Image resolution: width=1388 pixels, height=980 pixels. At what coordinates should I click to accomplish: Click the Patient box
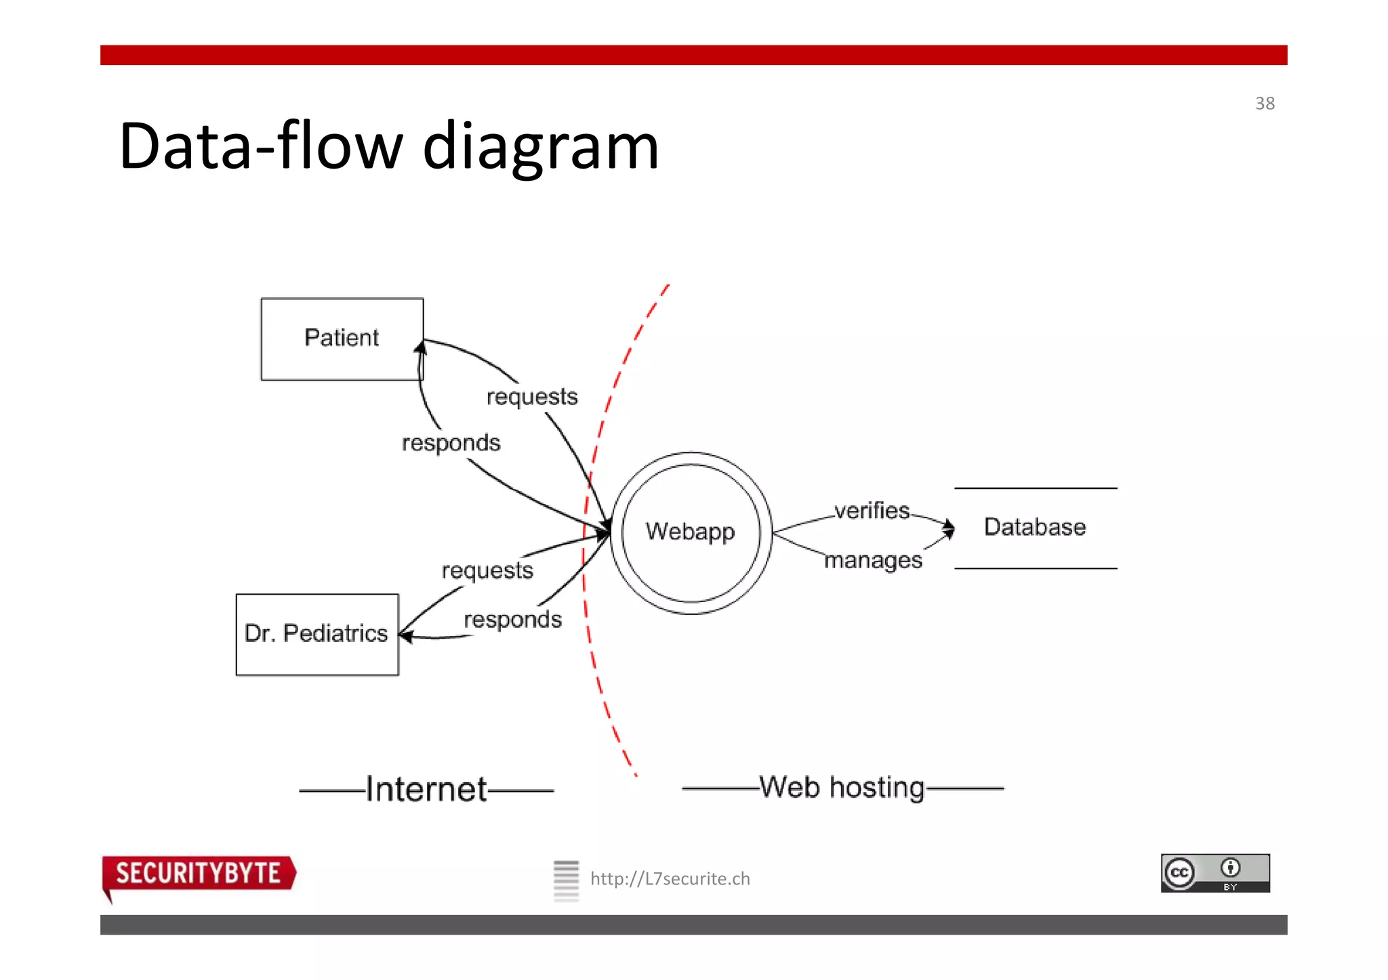[342, 339]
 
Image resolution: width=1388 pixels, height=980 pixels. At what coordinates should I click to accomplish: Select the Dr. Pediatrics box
[317, 635]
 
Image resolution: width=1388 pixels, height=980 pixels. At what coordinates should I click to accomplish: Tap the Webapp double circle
[691, 532]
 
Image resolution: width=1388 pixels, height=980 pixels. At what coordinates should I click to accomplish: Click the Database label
[1034, 527]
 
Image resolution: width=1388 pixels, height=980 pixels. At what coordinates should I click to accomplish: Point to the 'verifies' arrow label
[872, 511]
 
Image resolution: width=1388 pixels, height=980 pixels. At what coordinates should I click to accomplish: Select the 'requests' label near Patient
[532, 397]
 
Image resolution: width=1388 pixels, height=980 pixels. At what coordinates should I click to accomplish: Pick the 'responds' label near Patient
[451, 444]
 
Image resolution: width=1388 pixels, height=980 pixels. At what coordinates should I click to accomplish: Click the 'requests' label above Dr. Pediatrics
[487, 571]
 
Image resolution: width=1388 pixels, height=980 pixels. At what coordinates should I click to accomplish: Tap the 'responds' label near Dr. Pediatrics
[512, 620]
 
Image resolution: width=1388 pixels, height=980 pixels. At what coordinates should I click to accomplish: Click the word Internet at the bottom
[426, 790]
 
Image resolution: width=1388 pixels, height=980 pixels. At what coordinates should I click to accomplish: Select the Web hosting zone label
[842, 788]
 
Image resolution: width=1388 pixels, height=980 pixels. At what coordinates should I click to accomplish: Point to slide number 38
[1265, 104]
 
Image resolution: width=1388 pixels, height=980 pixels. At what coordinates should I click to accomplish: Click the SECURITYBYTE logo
[198, 874]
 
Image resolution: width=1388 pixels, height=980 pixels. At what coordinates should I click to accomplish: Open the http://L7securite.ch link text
[670, 879]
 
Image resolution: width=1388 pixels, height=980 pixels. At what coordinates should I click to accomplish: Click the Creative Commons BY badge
[1215, 873]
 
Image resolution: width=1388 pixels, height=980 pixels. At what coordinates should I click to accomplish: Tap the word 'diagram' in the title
[540, 146]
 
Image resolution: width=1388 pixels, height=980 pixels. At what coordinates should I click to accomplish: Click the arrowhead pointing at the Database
[949, 528]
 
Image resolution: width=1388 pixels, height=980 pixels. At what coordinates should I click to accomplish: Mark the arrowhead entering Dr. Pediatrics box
[405, 635]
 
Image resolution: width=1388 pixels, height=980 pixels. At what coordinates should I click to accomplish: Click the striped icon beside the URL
[566, 880]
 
